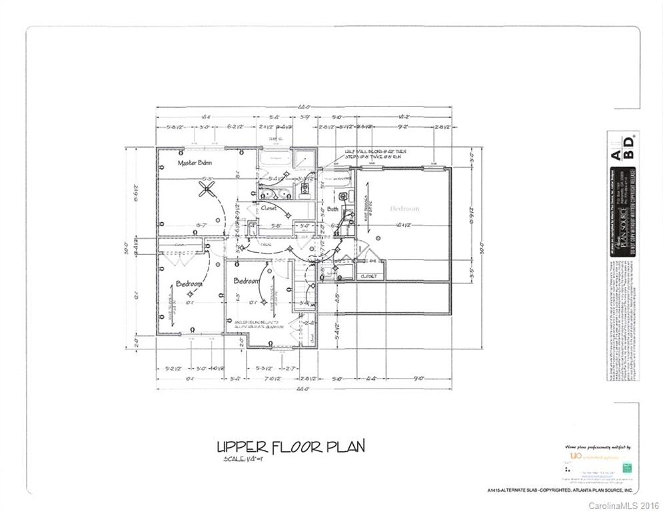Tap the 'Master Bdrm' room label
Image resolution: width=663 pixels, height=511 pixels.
click(195, 163)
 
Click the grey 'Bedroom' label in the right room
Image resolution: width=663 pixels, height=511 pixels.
click(404, 208)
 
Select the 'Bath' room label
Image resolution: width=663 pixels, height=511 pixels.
click(332, 209)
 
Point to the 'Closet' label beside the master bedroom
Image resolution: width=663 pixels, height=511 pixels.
click(269, 208)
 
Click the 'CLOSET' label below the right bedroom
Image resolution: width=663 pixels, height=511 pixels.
click(368, 276)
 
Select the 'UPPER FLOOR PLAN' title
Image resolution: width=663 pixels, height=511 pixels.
click(291, 446)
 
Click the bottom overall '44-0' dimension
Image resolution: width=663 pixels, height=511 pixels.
click(303, 388)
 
